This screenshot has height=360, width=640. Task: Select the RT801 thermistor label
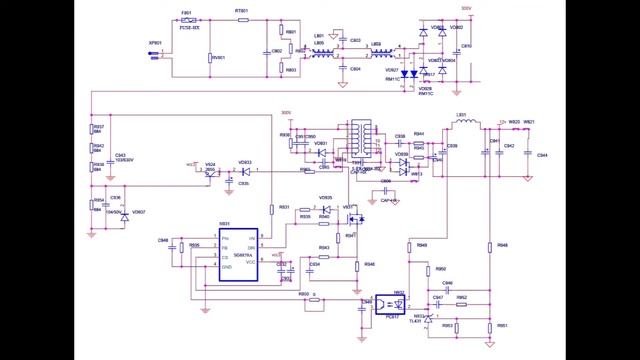[241, 11]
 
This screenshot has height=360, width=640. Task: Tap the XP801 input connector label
[155, 43]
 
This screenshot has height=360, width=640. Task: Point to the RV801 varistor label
[218, 58]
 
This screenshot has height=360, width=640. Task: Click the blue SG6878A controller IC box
[240, 252]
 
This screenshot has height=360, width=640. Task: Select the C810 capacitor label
[467, 46]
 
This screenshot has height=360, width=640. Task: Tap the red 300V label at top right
[466, 8]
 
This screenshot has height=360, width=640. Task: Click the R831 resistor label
[285, 207]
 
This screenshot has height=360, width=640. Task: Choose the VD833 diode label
[245, 162]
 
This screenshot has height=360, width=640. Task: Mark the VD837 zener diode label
[139, 212]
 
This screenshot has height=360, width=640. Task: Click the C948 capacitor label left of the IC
[163, 241]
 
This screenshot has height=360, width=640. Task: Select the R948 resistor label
[503, 244]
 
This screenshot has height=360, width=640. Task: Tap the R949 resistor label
[422, 244]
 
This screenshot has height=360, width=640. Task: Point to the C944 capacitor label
[542, 155]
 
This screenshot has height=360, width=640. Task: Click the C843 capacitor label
[120, 156]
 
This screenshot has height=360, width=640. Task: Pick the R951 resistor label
[502, 326]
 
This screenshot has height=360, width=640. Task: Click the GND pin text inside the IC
[227, 267]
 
